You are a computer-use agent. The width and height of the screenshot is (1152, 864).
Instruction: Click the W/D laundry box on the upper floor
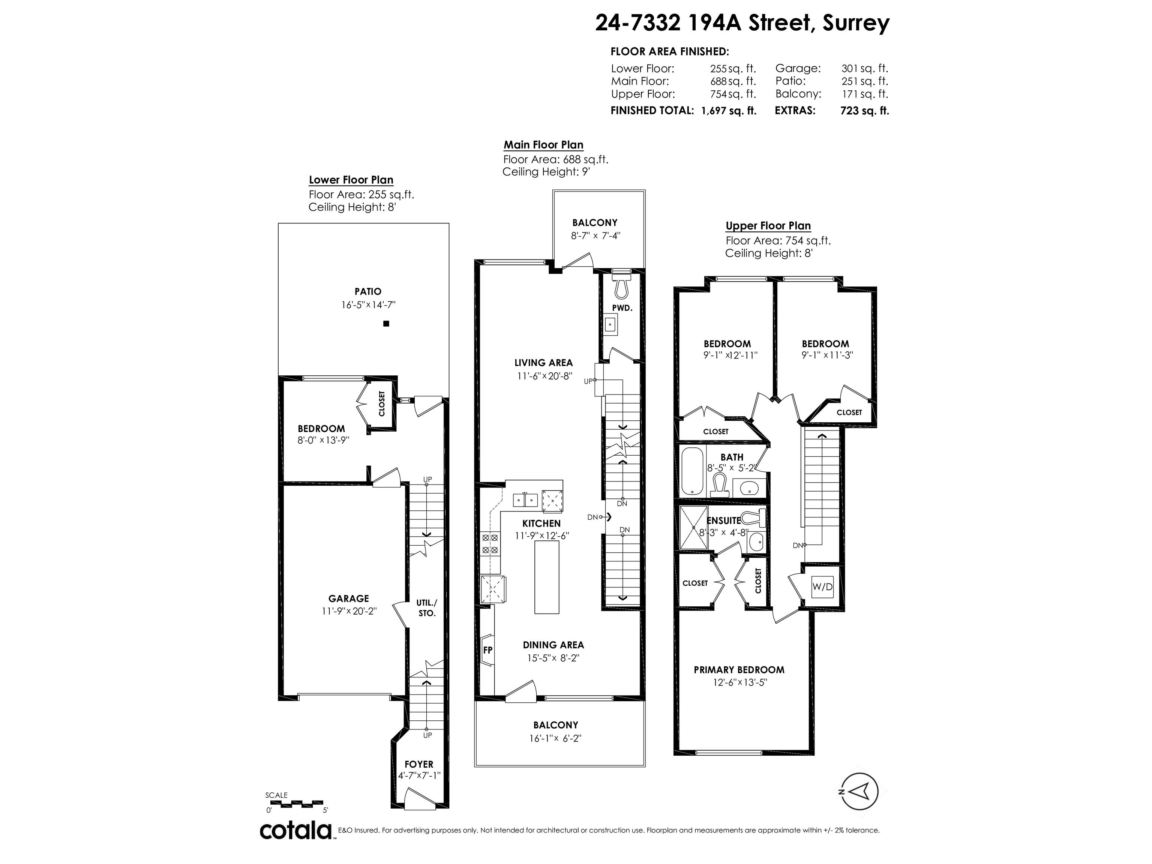822,587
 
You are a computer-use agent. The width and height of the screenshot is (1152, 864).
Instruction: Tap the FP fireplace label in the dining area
488,650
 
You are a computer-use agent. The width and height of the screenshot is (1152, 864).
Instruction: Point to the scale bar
294,803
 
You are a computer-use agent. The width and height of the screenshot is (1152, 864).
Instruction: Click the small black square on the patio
386,323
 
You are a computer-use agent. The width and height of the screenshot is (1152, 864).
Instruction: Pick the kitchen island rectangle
547,577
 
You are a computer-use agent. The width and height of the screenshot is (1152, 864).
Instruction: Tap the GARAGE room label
348,598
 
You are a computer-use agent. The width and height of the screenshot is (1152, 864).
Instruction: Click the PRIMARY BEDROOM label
739,670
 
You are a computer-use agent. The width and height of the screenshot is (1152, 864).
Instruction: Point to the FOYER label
419,765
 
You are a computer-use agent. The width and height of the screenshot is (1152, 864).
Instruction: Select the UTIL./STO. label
427,608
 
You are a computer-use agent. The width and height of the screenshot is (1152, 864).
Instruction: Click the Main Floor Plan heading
543,145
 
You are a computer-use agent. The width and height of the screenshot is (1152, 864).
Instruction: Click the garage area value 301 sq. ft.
865,68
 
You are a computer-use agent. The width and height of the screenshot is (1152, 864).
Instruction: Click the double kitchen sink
525,500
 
